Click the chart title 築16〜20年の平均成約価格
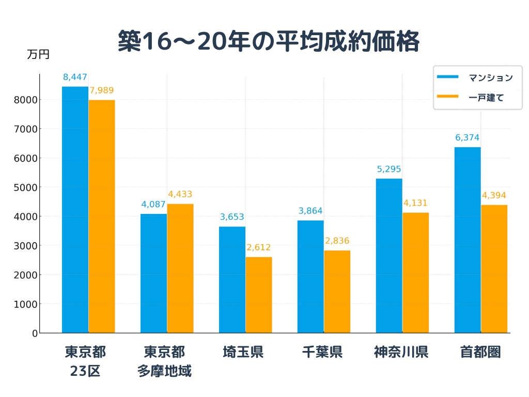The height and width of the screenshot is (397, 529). click(268, 41)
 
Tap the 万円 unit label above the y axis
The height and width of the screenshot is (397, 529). click(38, 54)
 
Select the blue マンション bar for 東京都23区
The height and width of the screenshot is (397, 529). click(75, 209)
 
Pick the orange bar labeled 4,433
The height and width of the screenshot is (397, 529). click(180, 268)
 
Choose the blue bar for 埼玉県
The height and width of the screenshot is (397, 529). click(232, 280)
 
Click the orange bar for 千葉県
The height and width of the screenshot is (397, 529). click(337, 292)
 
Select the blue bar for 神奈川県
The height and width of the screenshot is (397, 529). click(389, 255)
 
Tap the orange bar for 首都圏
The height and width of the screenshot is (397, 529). click(494, 269)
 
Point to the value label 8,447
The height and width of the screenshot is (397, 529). click(75, 78)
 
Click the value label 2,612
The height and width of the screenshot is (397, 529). click(258, 248)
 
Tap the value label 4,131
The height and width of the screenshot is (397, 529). click(415, 203)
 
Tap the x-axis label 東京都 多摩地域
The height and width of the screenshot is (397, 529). click(164, 361)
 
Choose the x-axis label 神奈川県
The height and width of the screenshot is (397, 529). click(401, 353)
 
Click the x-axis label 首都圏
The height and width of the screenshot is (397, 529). click(480, 353)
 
